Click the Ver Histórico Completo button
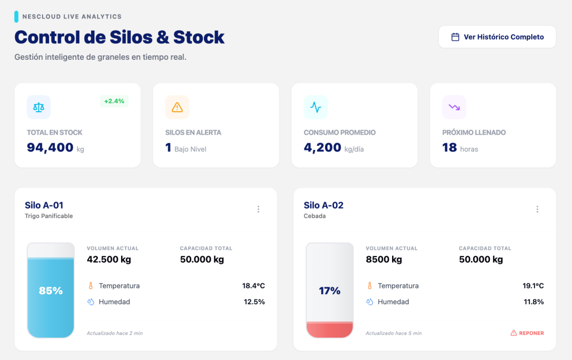click(x=497, y=37)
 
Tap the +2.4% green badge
click(x=115, y=101)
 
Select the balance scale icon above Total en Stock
click(x=39, y=107)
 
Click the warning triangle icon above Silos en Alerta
click(x=177, y=107)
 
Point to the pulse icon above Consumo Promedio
click(x=316, y=107)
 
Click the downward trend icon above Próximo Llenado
click(x=454, y=107)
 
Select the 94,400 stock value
click(x=50, y=148)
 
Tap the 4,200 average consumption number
click(x=322, y=148)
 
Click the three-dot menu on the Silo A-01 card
click(x=258, y=209)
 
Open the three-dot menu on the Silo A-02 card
click(x=537, y=209)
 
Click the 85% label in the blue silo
click(x=51, y=291)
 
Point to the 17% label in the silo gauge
click(x=330, y=291)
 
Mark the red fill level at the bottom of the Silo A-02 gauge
click(x=330, y=330)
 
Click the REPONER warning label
click(x=527, y=333)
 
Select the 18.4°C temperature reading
click(x=254, y=286)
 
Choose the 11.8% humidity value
click(x=533, y=302)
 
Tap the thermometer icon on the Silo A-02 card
click(x=369, y=286)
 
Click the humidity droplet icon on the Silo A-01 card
click(x=90, y=302)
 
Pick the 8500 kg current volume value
click(x=384, y=259)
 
